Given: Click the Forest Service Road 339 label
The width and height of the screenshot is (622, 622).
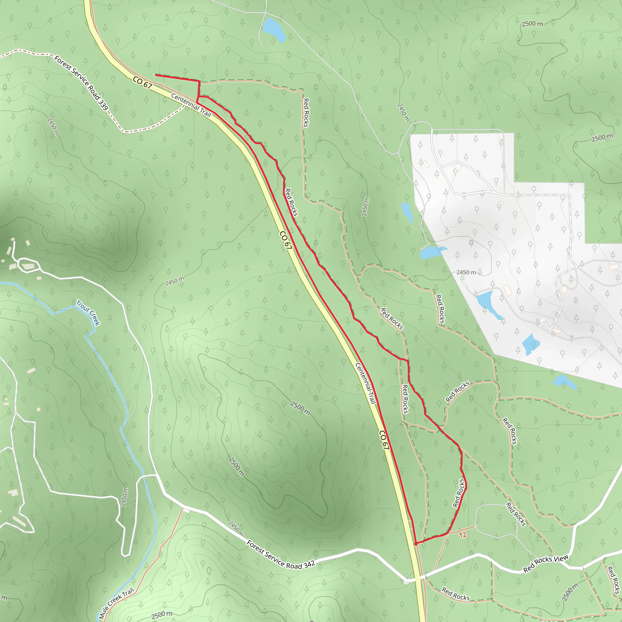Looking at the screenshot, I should (81, 83).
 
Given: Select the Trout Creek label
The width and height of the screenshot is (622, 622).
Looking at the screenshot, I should (88, 313).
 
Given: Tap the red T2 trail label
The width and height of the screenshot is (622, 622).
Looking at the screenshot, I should (463, 535).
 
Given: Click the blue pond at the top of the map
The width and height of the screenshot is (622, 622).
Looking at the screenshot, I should (274, 30).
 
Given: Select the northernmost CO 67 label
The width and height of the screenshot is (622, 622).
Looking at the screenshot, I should (142, 83).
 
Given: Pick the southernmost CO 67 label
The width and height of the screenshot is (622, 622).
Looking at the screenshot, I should (384, 440).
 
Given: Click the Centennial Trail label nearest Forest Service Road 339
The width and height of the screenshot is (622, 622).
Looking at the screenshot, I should (191, 105).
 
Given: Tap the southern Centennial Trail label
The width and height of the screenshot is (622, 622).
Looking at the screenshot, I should (365, 383).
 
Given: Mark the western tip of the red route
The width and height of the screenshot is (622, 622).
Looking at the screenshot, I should (155, 75).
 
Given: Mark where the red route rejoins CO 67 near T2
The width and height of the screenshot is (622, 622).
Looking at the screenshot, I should (416, 544).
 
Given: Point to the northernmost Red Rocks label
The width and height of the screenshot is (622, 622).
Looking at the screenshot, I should (306, 113).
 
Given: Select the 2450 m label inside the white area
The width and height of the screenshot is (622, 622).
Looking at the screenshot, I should (466, 273).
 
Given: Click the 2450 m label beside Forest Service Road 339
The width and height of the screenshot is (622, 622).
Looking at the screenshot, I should (53, 127).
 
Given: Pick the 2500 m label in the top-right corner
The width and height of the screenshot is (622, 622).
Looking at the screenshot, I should (532, 24).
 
